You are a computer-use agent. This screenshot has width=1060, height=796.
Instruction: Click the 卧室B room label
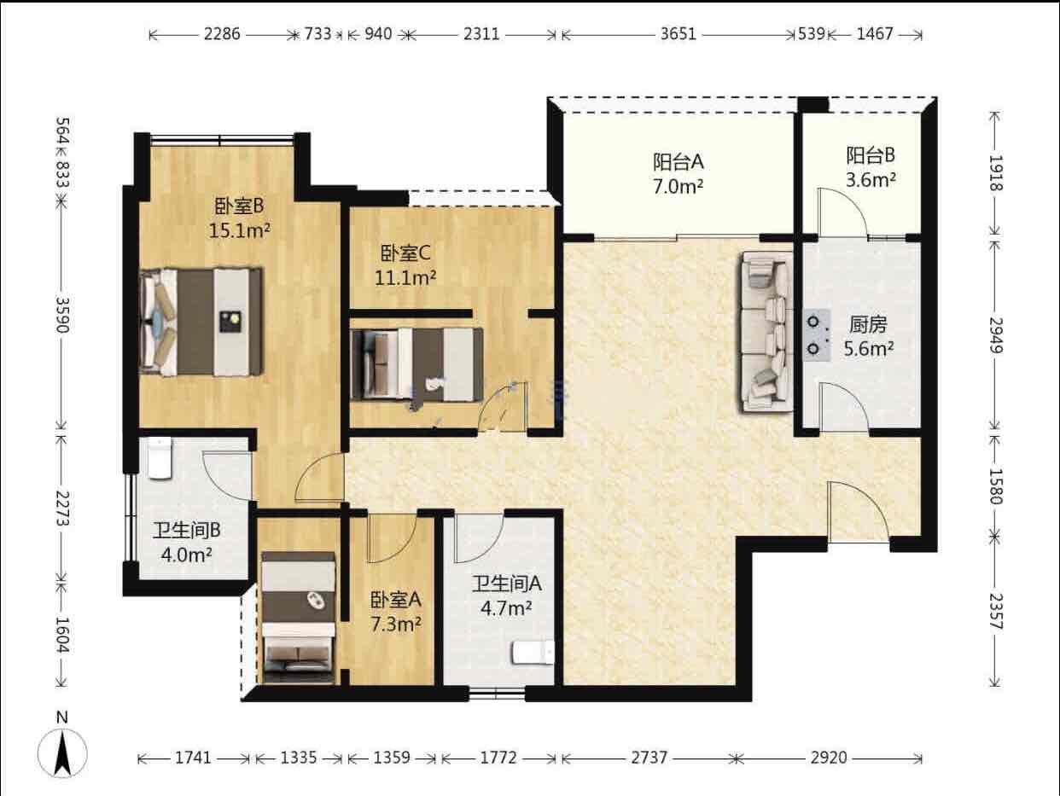click(x=239, y=206)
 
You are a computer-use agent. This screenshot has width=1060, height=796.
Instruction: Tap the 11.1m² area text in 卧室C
click(x=405, y=277)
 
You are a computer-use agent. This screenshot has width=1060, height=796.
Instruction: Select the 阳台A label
click(x=679, y=162)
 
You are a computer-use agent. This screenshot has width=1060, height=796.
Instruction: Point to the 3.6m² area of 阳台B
click(x=871, y=180)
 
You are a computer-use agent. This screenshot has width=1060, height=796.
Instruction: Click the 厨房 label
click(x=868, y=325)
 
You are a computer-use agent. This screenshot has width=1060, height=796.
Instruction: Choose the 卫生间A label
click(x=506, y=584)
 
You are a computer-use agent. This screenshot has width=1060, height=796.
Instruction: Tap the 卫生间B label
click(x=186, y=531)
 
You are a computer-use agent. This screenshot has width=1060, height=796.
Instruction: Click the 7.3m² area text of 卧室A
click(x=396, y=625)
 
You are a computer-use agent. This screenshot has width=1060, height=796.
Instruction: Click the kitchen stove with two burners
click(x=817, y=335)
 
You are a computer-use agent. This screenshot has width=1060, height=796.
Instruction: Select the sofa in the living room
click(x=766, y=332)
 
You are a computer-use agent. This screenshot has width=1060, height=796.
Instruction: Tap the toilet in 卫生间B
click(x=160, y=458)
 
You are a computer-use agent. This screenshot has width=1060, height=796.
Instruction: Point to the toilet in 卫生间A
click(x=533, y=653)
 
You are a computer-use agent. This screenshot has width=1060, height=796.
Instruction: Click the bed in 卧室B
click(x=201, y=322)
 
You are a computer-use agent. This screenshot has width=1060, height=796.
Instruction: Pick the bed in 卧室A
click(x=299, y=618)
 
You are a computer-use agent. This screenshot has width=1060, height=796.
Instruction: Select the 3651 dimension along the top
click(x=679, y=34)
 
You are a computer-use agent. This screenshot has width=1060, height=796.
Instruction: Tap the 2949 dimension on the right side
click(x=995, y=335)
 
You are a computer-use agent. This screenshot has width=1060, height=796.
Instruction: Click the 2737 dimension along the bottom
click(x=649, y=758)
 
